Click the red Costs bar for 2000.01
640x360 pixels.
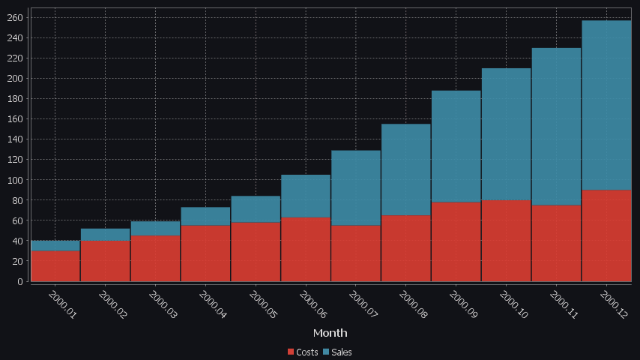55,265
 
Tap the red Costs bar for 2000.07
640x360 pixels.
356,253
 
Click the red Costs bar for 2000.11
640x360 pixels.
556,243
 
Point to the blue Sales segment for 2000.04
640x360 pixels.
205,216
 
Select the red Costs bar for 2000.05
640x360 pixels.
256,251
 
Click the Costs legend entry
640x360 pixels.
303,352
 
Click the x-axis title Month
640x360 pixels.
330,332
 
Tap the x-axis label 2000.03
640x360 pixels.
163,306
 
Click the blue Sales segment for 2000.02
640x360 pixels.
105,235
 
